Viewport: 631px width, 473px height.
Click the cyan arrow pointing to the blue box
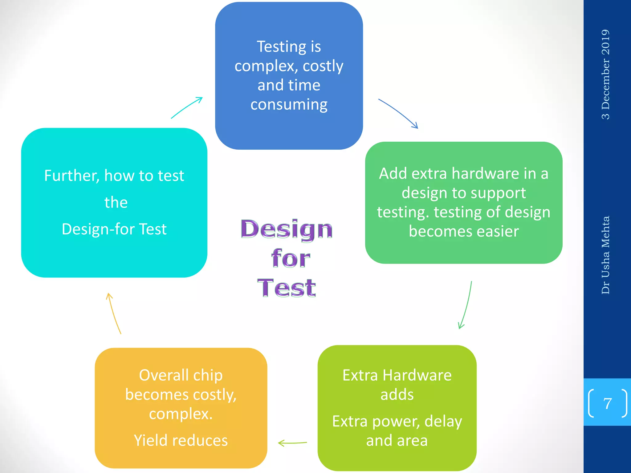click(x=187, y=107)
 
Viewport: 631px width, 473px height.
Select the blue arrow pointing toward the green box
click(x=398, y=113)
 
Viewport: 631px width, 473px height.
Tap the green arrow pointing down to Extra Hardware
click(x=466, y=305)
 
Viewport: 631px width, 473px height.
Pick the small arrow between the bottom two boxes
click(x=292, y=443)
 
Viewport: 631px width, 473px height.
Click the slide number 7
click(x=607, y=403)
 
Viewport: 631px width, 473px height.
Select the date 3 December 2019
click(x=605, y=74)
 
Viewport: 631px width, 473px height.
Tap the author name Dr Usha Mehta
click(x=605, y=255)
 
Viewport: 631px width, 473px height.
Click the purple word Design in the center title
click(x=287, y=229)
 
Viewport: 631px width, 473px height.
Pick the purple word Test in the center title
click(x=287, y=288)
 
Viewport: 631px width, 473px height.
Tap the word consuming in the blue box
click(x=289, y=105)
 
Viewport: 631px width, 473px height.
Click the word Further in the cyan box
click(x=71, y=176)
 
